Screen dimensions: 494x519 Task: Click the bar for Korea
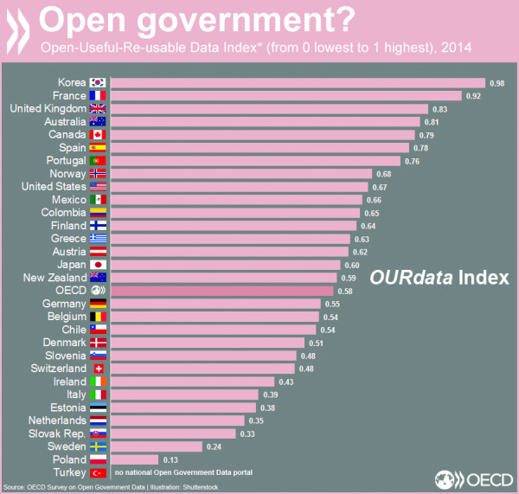[298, 83]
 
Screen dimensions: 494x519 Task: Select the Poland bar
[135, 459]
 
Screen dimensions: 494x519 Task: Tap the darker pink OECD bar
[222, 291]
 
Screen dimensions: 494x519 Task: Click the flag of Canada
[98, 135]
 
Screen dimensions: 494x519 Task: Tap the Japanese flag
[98, 265]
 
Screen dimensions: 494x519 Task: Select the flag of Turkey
[98, 472]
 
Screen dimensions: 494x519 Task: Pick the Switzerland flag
[98, 369]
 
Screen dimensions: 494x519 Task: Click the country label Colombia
[63, 213]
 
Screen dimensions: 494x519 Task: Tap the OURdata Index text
[439, 278]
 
